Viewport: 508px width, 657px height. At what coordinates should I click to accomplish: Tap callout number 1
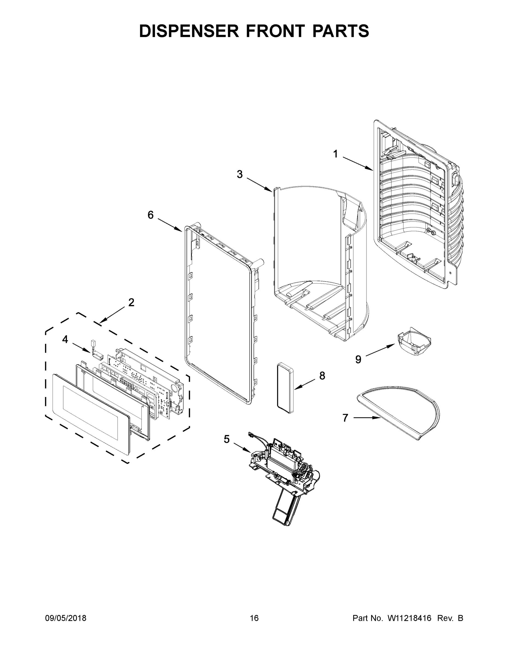pyautogui.click(x=335, y=154)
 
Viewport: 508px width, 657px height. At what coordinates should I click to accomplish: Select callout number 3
pyautogui.click(x=240, y=174)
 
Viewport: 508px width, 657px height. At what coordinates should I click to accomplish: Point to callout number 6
pyautogui.click(x=150, y=215)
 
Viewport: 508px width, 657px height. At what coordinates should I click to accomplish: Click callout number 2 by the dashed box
pyautogui.click(x=131, y=302)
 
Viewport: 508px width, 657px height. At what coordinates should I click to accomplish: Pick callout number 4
pyautogui.click(x=65, y=339)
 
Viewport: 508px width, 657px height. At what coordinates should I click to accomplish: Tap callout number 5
pyautogui.click(x=226, y=439)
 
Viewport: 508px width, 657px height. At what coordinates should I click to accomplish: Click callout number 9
pyautogui.click(x=358, y=359)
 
